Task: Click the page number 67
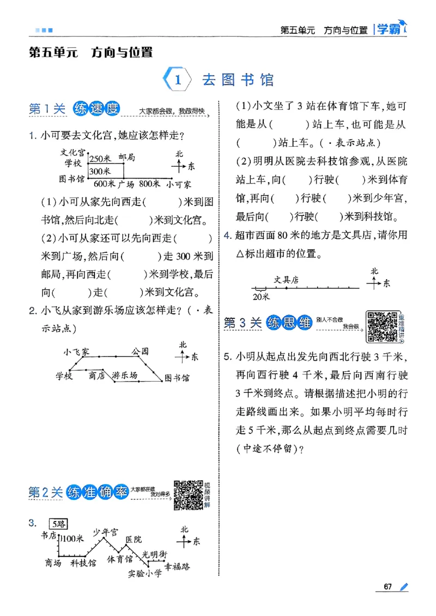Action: [x=388, y=587]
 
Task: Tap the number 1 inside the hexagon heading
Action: [x=178, y=80]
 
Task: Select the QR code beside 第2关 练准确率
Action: [x=189, y=495]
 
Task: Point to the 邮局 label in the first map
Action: [x=126, y=158]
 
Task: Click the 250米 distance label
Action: [x=100, y=159]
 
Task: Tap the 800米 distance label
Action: [x=148, y=184]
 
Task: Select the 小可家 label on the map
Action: [x=179, y=184]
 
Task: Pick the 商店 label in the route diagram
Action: [x=96, y=376]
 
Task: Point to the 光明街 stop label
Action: [x=154, y=554]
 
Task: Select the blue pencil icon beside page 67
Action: [x=403, y=587]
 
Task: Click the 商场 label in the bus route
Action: [x=53, y=563]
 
